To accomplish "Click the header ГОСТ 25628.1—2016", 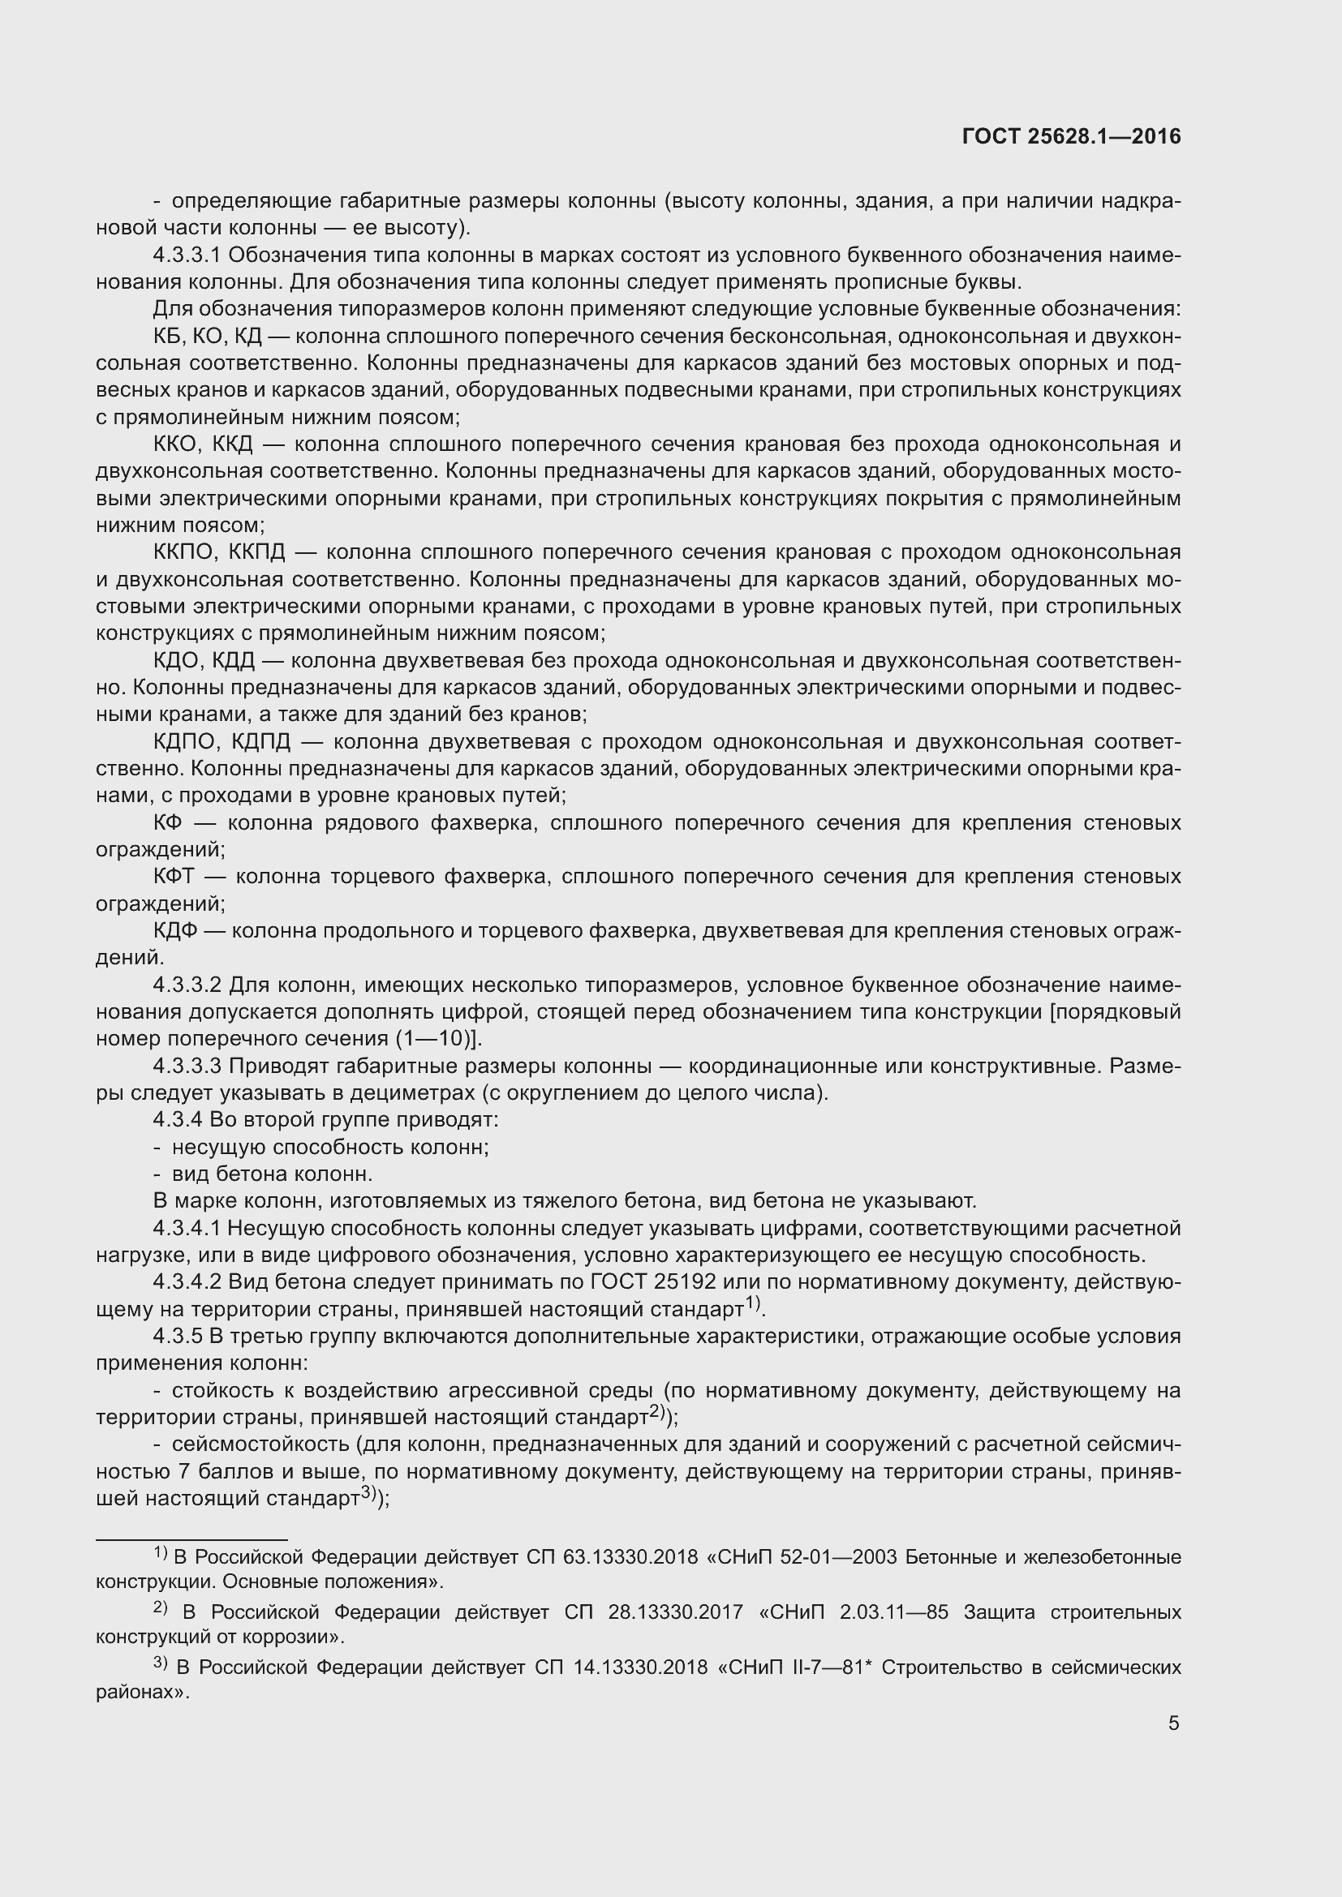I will (x=1072, y=136).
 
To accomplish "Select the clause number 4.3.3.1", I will (x=187, y=255).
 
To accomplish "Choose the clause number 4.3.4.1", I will (x=187, y=1229).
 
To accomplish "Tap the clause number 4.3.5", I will (x=178, y=1337).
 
